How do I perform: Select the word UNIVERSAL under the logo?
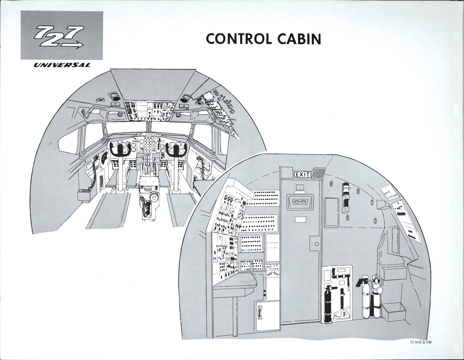click(61, 65)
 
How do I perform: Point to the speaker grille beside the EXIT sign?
click(318, 173)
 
